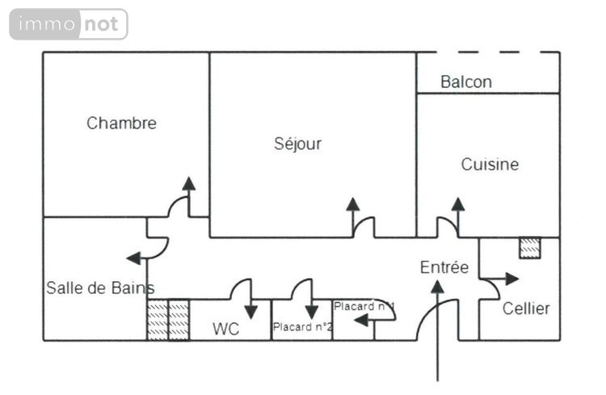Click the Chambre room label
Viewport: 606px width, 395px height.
tap(121, 124)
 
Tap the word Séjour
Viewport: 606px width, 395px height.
tap(297, 144)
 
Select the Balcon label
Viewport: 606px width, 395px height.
tap(465, 82)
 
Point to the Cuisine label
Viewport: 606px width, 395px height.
tap(490, 165)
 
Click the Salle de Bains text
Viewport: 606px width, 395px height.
tap(99, 288)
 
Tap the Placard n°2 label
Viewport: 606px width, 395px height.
tap(302, 327)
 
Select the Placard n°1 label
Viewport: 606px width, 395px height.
tap(364, 306)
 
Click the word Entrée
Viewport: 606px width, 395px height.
tap(444, 267)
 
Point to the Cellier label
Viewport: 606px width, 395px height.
tap(526, 309)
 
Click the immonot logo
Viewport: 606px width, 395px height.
tap(69, 24)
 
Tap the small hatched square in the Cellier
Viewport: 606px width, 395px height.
tap(529, 248)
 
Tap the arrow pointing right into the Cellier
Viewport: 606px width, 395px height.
tap(506, 279)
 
